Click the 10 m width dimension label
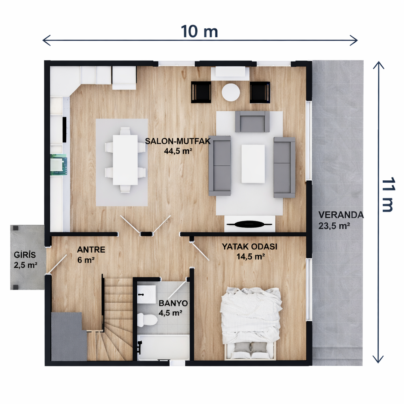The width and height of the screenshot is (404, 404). pyautogui.click(x=199, y=31)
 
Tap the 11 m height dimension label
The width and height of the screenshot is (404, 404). pyautogui.click(x=388, y=195)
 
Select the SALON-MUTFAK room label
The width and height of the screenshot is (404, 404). pyautogui.click(x=178, y=141)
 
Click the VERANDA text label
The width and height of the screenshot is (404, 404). pyautogui.click(x=341, y=215)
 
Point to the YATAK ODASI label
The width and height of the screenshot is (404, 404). pyautogui.click(x=249, y=247)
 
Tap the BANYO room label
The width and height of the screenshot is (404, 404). pyautogui.click(x=173, y=303)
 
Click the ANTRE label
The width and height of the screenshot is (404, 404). pyautogui.click(x=91, y=250)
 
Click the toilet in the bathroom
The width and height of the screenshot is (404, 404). pyautogui.click(x=148, y=319)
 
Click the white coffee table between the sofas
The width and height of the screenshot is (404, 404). pyautogui.click(x=253, y=163)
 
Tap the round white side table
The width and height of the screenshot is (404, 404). pyautogui.click(x=231, y=92)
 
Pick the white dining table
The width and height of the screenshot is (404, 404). pyautogui.click(x=125, y=160)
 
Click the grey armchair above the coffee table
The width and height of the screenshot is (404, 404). pyautogui.click(x=252, y=122)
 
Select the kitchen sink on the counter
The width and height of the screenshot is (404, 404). pyautogui.click(x=59, y=165)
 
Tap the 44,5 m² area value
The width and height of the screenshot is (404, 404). pyautogui.click(x=178, y=150)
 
